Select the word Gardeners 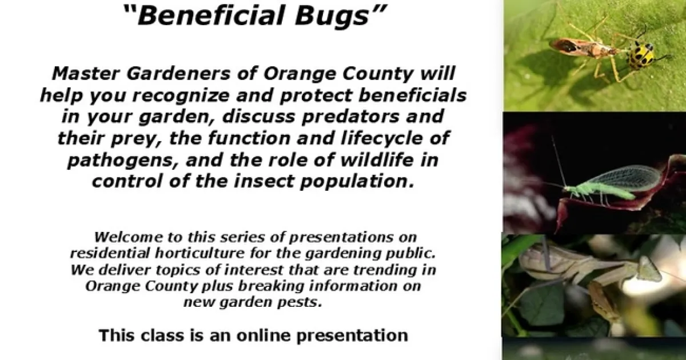pos(178,74)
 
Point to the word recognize pos(181,96)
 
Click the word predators pos(350,117)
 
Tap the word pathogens pos(123,161)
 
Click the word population pos(357,182)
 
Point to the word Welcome pos(129,237)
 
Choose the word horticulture pos(200,253)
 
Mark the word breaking pos(271,286)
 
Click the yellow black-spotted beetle pos(642,54)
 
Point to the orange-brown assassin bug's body pos(582,49)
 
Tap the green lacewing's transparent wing pos(623,179)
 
